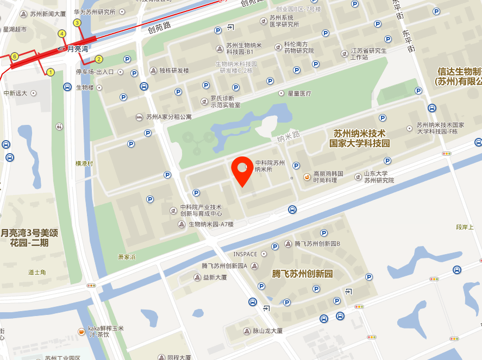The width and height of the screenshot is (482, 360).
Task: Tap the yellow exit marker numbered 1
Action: tap(51, 72)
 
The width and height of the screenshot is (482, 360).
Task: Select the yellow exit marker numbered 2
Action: tap(99, 59)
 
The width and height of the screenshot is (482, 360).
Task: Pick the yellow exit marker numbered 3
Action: tap(77, 23)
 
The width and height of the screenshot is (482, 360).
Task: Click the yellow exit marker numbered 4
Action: tap(62, 34)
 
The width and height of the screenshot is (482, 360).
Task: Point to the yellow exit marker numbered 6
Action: tap(15, 56)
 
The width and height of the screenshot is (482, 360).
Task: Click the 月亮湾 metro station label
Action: tap(77, 48)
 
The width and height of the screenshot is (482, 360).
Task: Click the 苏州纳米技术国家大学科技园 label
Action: tap(359, 138)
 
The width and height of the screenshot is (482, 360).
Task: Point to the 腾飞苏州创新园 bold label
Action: tap(302, 274)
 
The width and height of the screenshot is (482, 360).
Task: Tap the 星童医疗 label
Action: tap(299, 93)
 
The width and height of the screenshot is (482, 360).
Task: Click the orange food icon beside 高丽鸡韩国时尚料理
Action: tap(307, 176)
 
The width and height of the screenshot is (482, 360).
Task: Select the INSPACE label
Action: tap(245, 254)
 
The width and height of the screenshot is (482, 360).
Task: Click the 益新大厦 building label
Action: tap(215, 277)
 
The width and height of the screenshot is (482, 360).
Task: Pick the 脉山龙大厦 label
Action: tap(267, 331)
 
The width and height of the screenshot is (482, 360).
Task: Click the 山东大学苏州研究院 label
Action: tap(379, 177)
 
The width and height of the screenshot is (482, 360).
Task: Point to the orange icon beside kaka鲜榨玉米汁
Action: tap(81, 331)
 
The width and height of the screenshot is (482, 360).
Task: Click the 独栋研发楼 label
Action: tap(173, 71)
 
